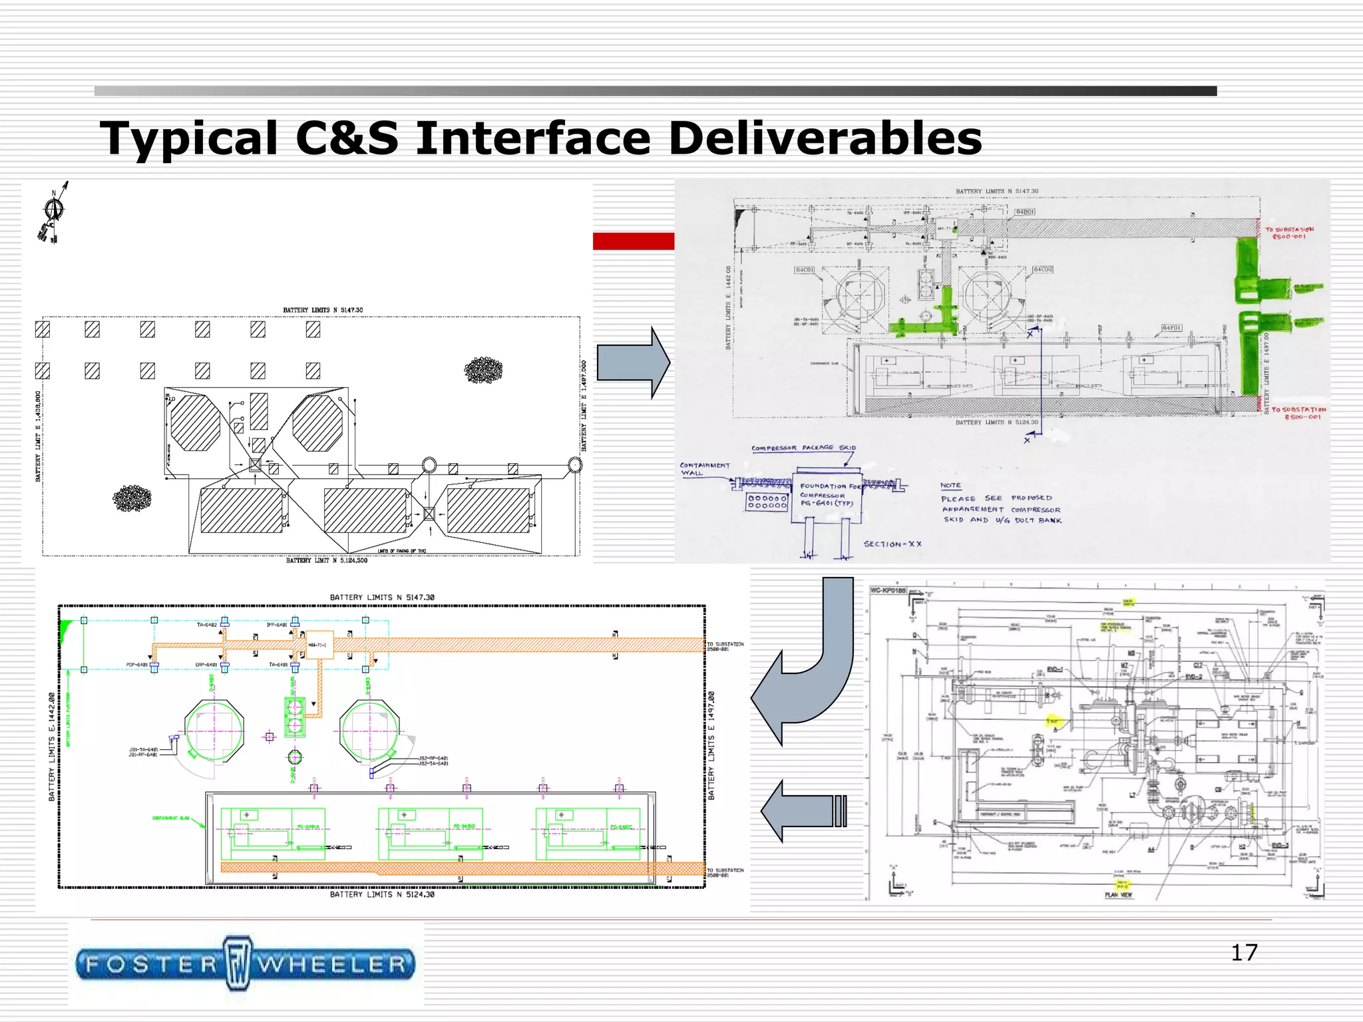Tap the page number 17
(x=1243, y=952)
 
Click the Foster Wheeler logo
(x=245, y=963)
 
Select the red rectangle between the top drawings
(x=633, y=241)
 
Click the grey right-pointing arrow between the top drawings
(x=633, y=363)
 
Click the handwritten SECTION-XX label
(x=892, y=544)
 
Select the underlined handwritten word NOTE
(x=950, y=485)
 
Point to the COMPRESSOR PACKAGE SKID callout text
(x=803, y=448)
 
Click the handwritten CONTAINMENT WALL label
(x=703, y=469)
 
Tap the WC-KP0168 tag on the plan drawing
(x=888, y=590)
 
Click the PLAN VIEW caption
(x=1118, y=894)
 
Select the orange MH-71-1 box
(x=319, y=644)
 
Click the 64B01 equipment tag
(x=1025, y=212)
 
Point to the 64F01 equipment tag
(x=1171, y=327)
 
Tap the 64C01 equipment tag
(x=804, y=270)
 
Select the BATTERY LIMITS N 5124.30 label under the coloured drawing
(x=382, y=894)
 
